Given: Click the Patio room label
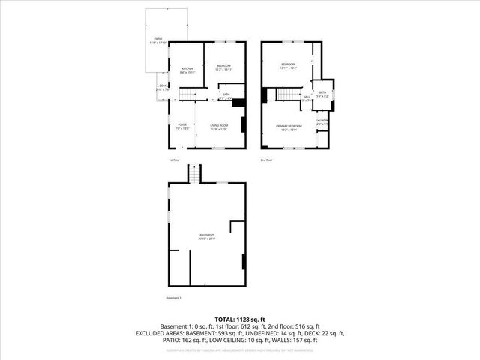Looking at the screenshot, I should coord(158,39).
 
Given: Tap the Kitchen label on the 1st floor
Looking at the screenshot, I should coord(187,70).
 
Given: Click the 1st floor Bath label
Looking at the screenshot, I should coord(225,96).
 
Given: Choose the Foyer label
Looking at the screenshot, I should coord(182,125).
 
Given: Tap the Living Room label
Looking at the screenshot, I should coord(218,125).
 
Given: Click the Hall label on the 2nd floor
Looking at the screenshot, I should coord(307,98).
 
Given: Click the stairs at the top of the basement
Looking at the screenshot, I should coord(196,175).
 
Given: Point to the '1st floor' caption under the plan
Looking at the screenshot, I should coord(174,160).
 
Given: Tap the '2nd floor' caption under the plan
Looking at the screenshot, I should coord(266,160).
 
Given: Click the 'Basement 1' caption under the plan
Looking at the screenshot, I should coord(173,298).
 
